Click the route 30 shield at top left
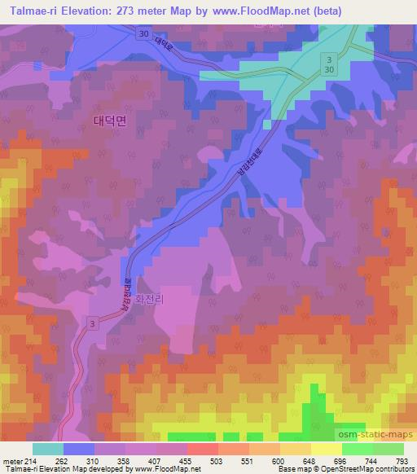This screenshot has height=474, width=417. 143,33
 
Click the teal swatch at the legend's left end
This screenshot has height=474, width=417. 49,448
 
